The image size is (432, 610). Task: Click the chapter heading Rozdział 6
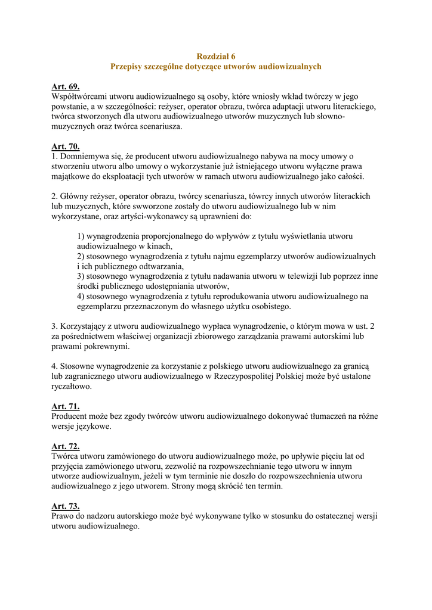pos(215,56)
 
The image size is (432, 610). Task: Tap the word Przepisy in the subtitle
pos(127,67)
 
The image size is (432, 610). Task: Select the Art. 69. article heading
pos(66,86)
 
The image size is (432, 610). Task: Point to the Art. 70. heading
pos(66,147)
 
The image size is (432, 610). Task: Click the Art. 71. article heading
pos(66,406)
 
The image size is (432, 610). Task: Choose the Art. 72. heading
pos(66,446)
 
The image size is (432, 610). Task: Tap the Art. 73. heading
pos(66,506)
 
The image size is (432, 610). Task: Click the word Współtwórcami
pos(81,96)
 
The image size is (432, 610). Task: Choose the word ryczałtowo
pos(72,387)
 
